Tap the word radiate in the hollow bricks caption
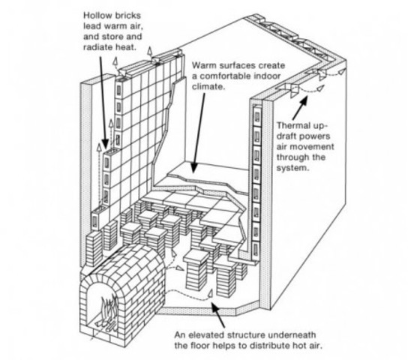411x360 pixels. [x=98, y=47]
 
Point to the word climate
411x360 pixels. [x=208, y=86]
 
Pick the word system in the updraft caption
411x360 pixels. [x=293, y=168]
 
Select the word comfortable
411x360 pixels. [x=226, y=76]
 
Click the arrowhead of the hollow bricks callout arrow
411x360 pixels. [x=105, y=144]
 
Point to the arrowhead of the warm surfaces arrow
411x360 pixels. [x=193, y=167]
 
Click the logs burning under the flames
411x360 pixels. [x=107, y=325]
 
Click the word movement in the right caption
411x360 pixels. [x=317, y=147]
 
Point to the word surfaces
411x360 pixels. [x=238, y=65]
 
